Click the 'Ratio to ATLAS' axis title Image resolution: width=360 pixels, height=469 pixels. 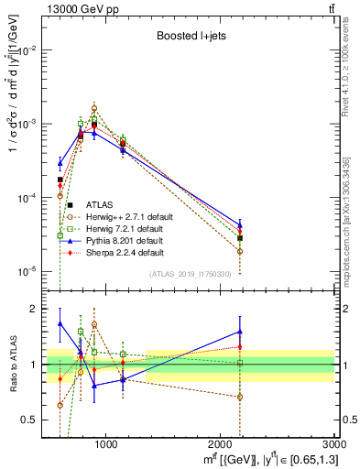pos(14,365)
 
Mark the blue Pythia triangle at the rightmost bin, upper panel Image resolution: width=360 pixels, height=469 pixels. pos(240,224)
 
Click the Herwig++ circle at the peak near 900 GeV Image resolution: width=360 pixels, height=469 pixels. pos(94,108)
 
